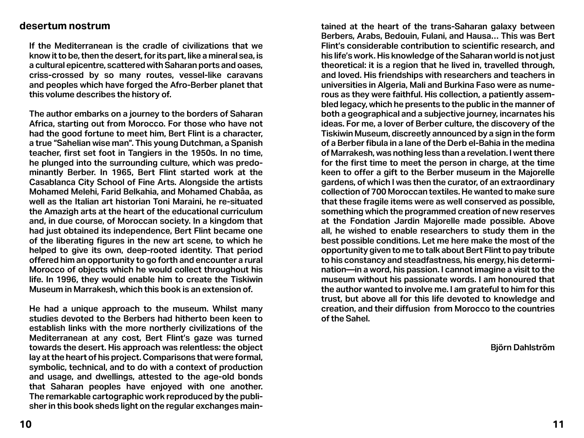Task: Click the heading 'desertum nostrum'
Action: click(x=65, y=26)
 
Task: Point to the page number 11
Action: click(x=558, y=424)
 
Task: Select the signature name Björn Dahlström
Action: click(x=522, y=347)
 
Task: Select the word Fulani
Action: click(x=436, y=36)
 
